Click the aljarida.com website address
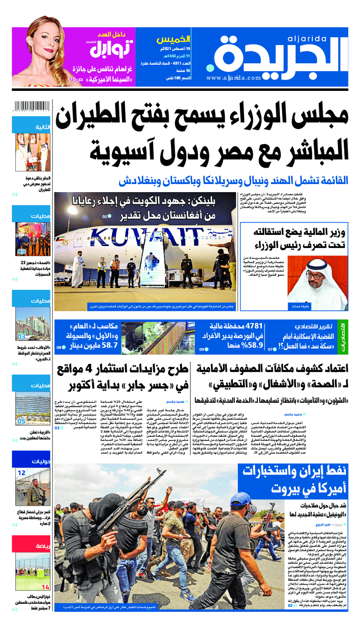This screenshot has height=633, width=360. tap(234, 78)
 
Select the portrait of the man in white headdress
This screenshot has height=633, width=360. tap(318, 279)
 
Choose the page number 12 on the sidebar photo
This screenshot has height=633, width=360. tap(21, 473)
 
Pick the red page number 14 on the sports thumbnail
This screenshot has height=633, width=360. tap(45, 587)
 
